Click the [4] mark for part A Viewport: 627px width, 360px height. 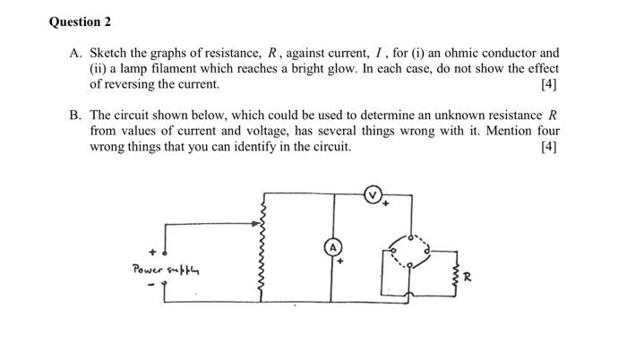[549, 84]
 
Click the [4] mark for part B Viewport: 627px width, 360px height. [549, 147]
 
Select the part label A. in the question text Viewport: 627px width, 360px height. [76, 53]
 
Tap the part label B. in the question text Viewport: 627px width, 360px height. [76, 116]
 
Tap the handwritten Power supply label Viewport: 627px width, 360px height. [163, 268]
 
